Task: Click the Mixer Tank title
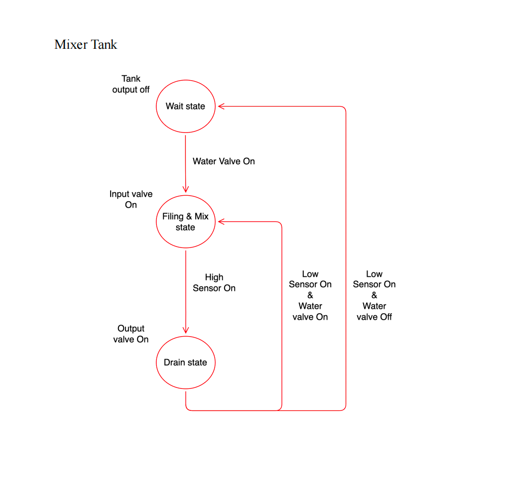click(86, 44)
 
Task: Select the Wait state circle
click(185, 106)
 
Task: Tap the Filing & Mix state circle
click(185, 222)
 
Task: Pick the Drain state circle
click(185, 362)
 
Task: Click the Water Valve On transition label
click(224, 161)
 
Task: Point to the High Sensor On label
click(214, 282)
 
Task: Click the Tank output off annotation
click(131, 84)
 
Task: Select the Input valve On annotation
click(131, 199)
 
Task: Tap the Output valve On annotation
click(131, 334)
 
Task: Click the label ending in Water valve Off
click(374, 295)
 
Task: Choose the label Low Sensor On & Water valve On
click(310, 295)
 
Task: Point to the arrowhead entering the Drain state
click(186, 330)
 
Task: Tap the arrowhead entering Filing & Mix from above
click(186, 189)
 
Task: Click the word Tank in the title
click(104, 44)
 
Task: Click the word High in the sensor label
click(214, 277)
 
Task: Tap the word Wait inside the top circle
click(175, 106)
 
